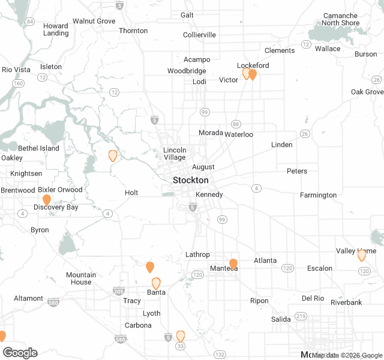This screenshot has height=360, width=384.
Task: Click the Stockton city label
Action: coord(190,180)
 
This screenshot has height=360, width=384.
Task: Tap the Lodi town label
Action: coord(199,82)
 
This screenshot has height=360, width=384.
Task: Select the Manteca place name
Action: coord(224,269)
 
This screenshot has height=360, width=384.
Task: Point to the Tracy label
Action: coord(132,301)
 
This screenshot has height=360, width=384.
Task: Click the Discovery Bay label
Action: coord(56,207)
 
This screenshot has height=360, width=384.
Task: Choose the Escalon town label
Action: coord(319,268)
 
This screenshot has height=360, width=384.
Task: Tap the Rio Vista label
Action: coord(16,70)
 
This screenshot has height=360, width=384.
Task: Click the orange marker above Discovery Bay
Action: coord(47,200)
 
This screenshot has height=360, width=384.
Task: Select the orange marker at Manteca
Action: coord(233,263)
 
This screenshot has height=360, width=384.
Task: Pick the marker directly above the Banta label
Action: coord(156,283)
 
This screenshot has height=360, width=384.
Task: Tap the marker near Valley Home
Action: coord(362,255)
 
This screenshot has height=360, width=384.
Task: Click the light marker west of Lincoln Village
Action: coord(112,155)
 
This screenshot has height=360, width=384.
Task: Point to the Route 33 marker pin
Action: coord(180,335)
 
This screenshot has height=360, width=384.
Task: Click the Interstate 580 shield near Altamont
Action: coord(54,302)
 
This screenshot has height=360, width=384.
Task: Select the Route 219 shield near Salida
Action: coord(301,316)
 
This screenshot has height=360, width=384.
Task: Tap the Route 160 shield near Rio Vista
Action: coord(19,83)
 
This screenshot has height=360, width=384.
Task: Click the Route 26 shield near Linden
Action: coord(305,133)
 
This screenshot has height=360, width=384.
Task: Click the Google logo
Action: coord(20,352)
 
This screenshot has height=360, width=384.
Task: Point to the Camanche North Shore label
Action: coord(340,19)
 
